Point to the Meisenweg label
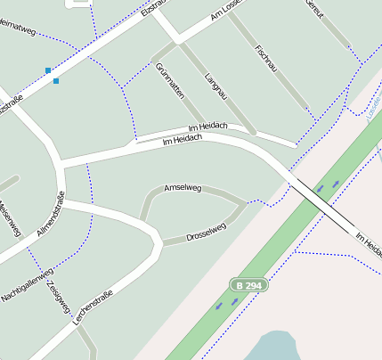(x=9, y=217)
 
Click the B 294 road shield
(x=248, y=285)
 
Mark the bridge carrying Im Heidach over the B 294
(x=321, y=206)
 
